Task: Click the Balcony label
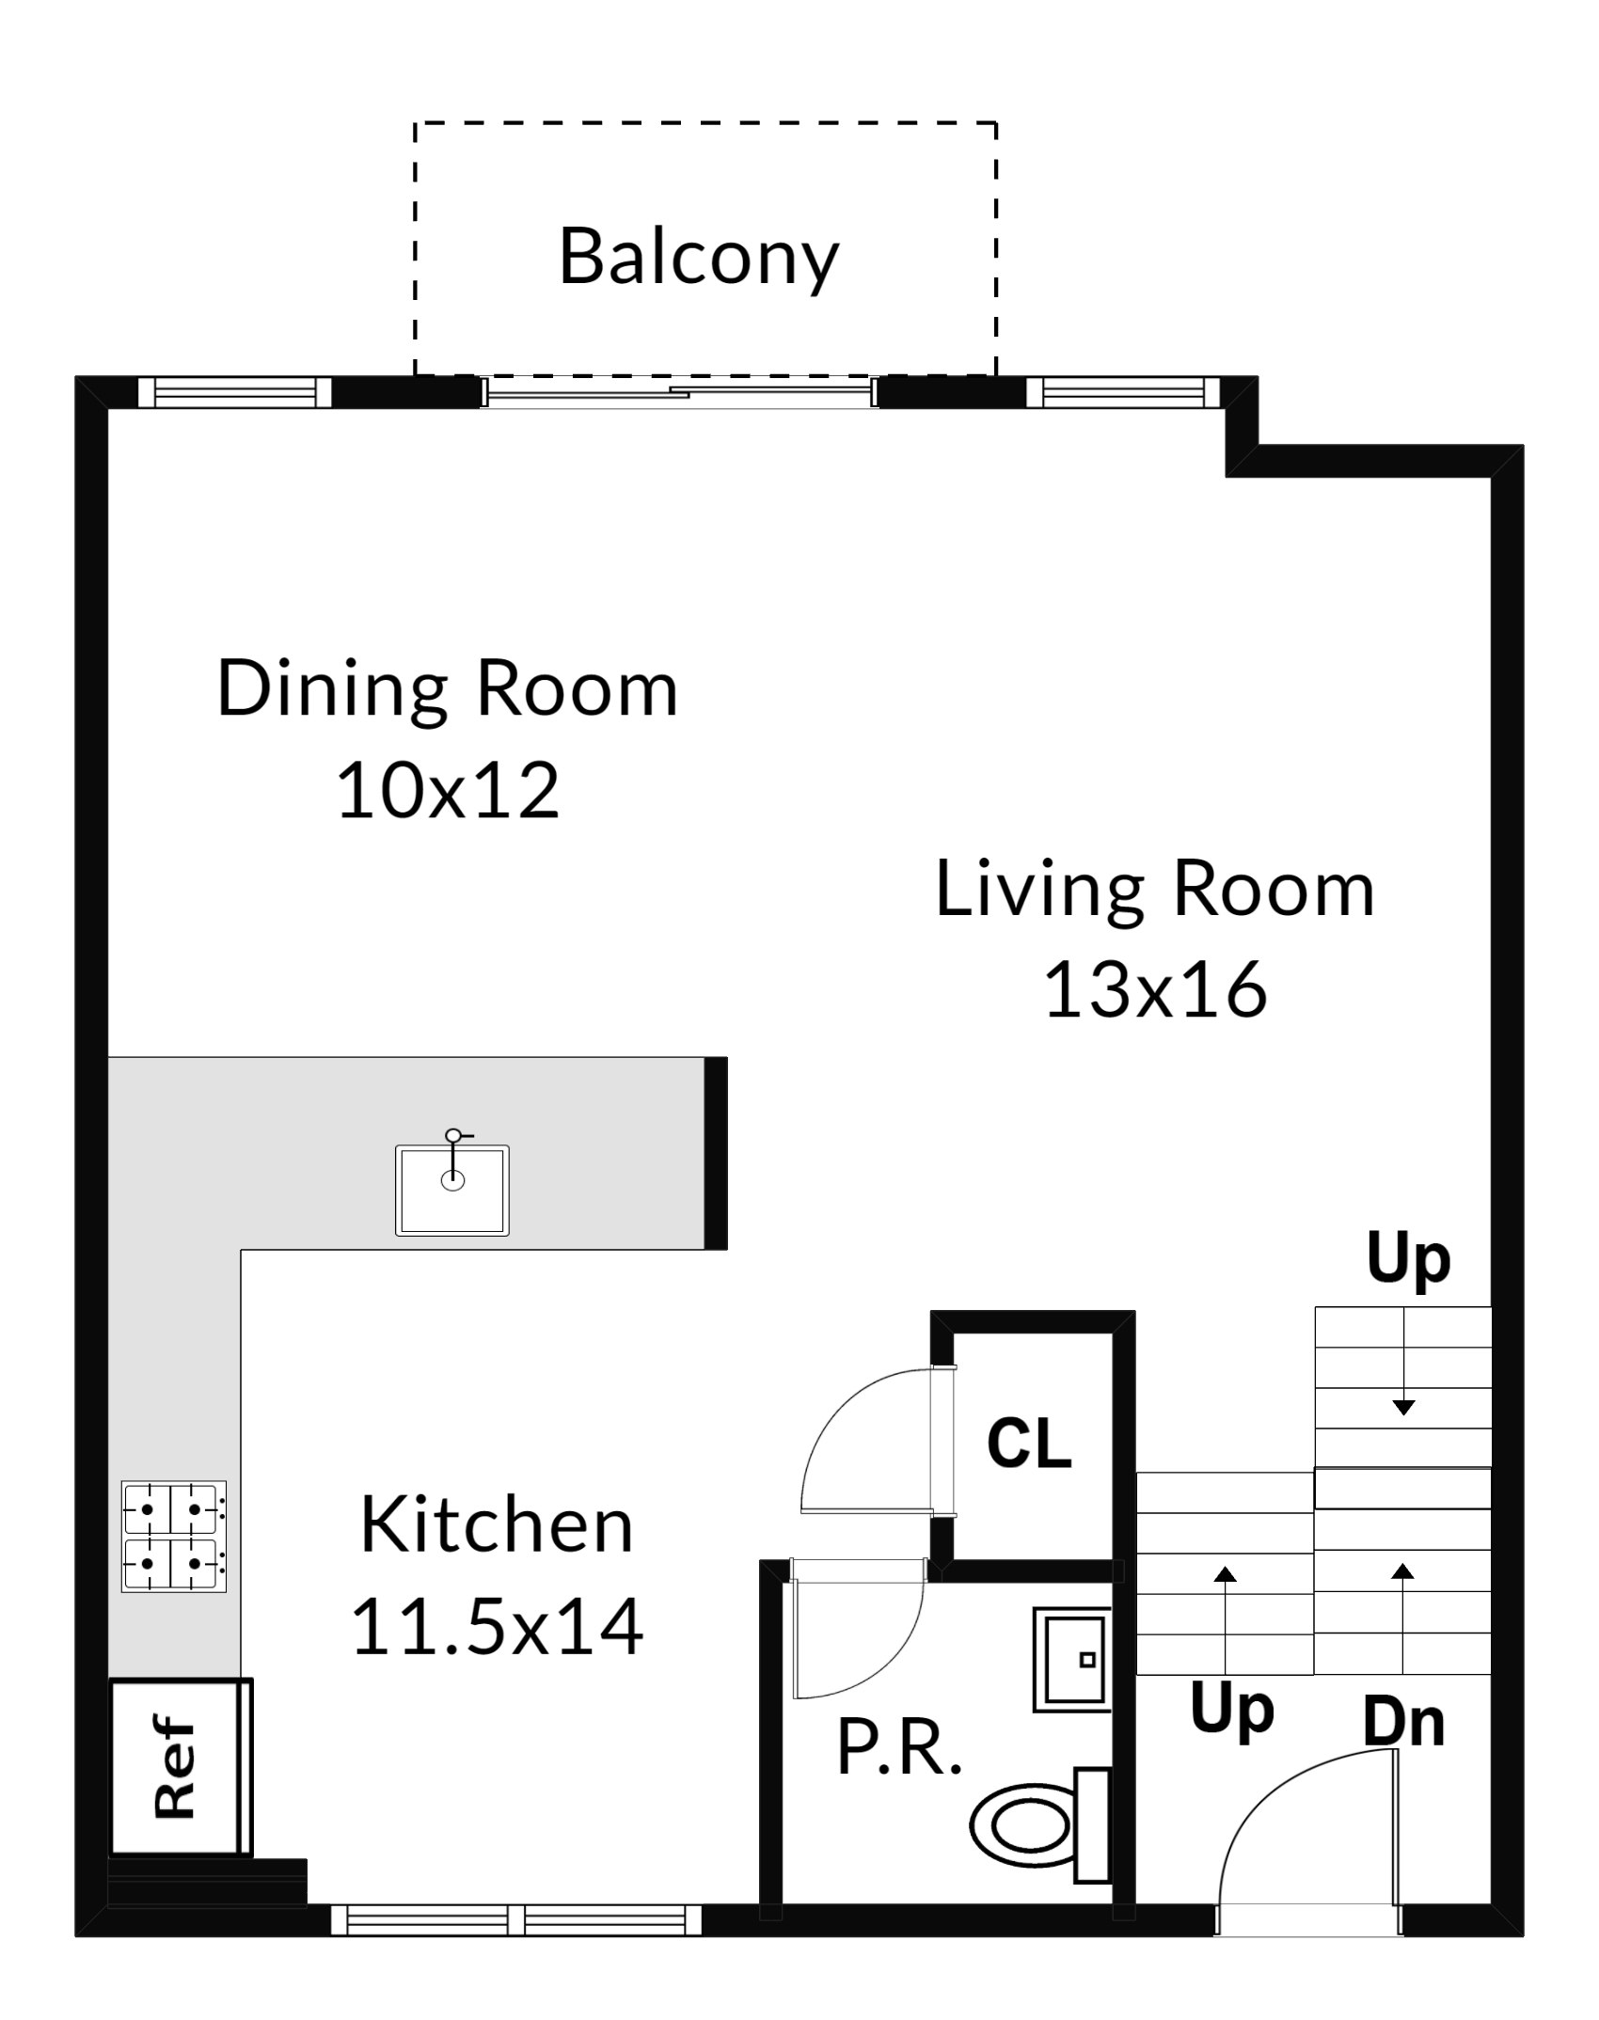(x=699, y=257)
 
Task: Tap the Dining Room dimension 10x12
(x=448, y=790)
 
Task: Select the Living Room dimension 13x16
(x=1156, y=989)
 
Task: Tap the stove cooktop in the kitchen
(x=174, y=1536)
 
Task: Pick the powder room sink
(x=1072, y=1660)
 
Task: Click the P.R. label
(x=899, y=1748)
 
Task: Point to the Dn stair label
(x=1403, y=1722)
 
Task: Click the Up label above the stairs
(x=1408, y=1260)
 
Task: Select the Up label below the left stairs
(x=1231, y=1711)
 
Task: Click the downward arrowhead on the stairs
(x=1403, y=1408)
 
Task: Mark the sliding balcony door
(x=679, y=391)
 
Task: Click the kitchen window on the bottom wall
(x=515, y=1919)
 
